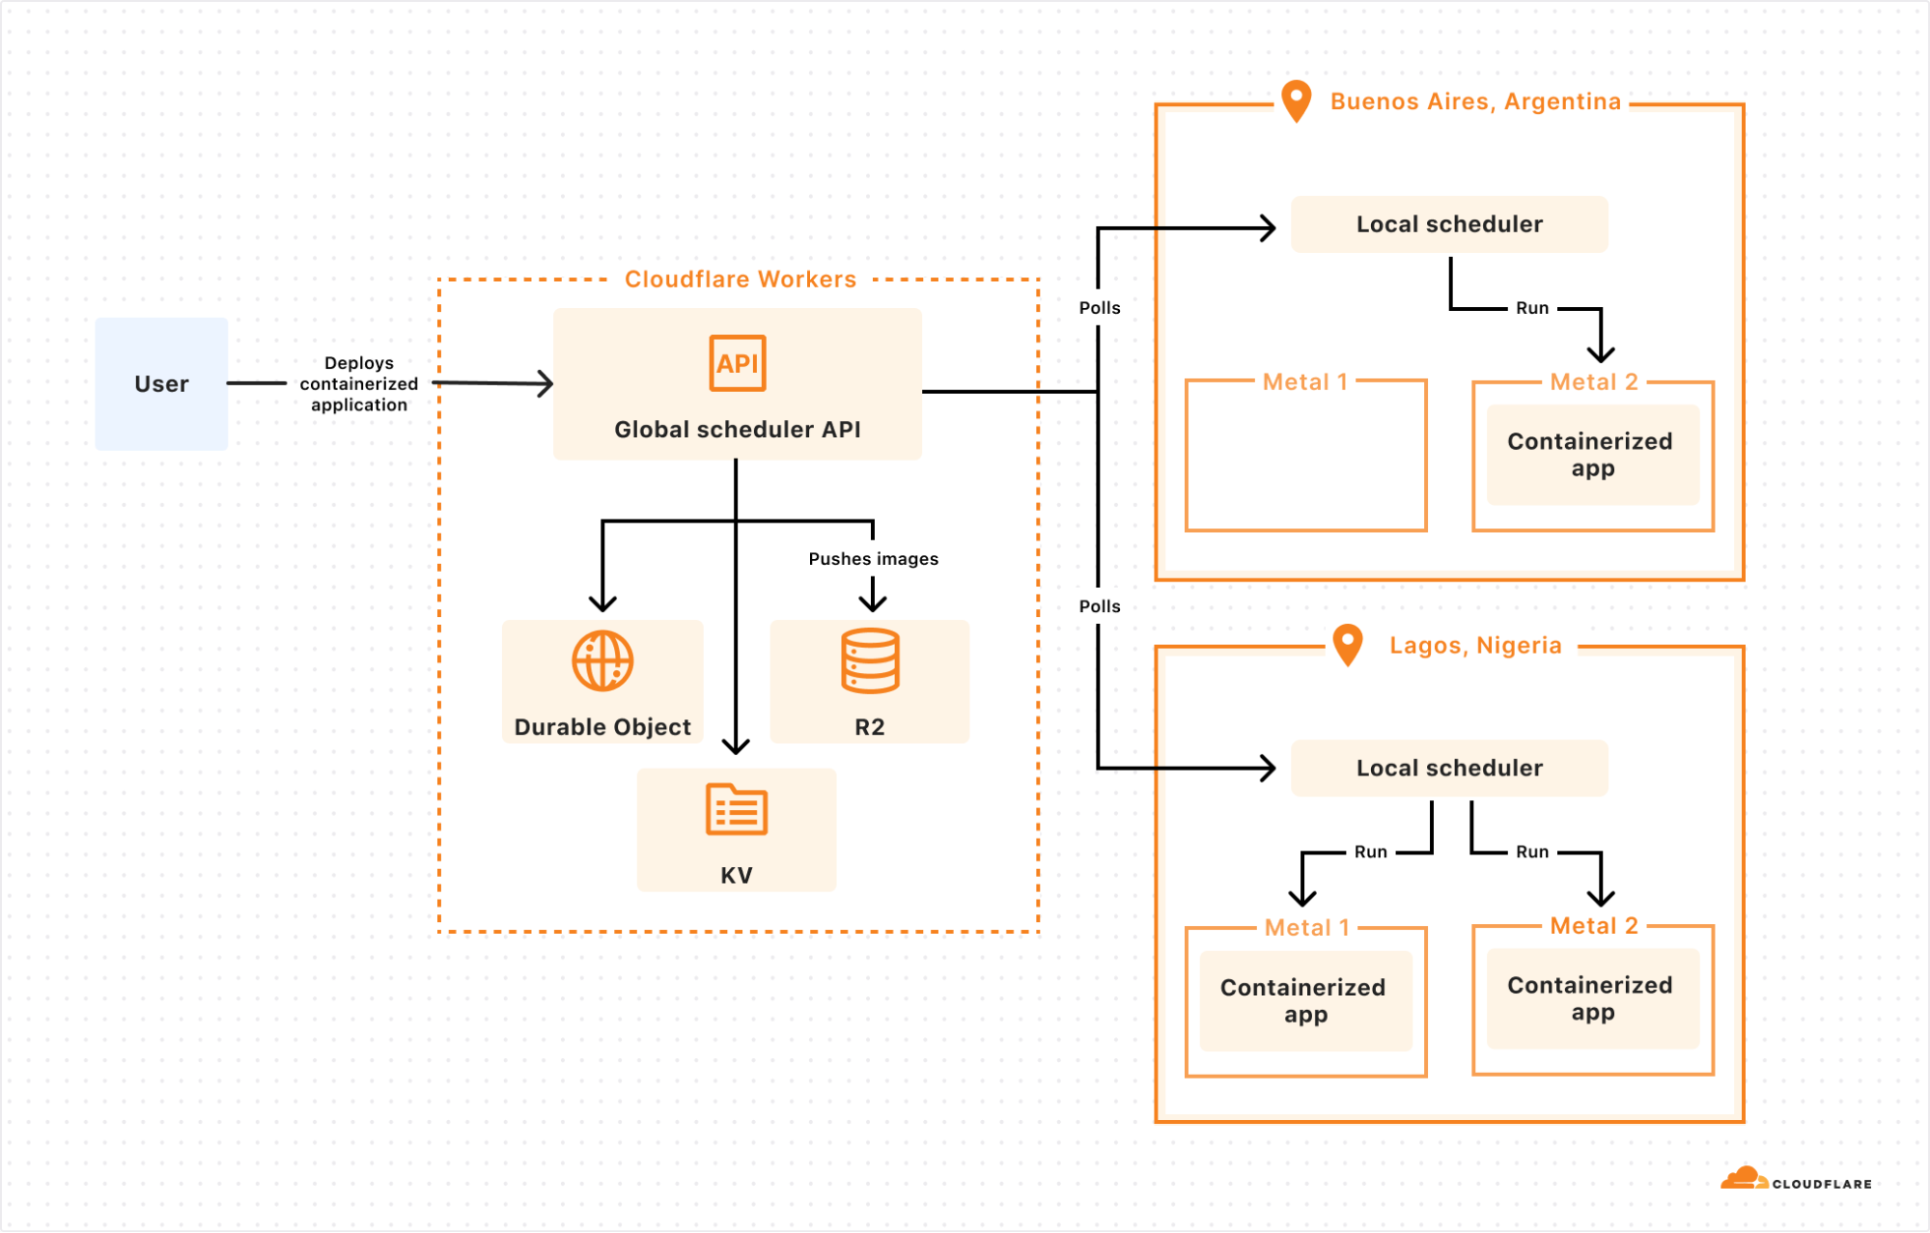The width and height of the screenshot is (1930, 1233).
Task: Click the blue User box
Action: [161, 383]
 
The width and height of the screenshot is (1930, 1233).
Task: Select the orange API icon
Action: [738, 363]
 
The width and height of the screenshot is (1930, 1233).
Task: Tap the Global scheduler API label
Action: [738, 430]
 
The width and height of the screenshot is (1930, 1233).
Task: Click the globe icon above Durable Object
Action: [602, 661]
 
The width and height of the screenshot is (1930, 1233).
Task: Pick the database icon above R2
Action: [870, 661]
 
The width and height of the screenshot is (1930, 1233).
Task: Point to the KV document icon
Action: [737, 809]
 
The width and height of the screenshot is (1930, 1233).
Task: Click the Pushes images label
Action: [874, 559]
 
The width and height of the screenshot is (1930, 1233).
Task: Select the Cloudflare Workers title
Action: [741, 279]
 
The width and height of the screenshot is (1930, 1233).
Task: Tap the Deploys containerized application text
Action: [359, 383]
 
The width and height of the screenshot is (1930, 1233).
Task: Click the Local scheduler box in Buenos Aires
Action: [1449, 224]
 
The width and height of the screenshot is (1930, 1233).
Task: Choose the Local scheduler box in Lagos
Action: [1449, 769]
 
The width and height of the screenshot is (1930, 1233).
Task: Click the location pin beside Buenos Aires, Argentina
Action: [1297, 100]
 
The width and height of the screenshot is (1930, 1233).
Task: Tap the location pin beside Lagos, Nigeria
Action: [1348, 645]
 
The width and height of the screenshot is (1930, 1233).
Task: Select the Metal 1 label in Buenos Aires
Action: [1305, 382]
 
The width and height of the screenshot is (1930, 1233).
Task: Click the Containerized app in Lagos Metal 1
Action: [1305, 1000]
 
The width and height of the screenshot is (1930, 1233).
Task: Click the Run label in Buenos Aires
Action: [1532, 308]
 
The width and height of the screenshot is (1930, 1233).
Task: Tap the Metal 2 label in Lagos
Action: [1594, 926]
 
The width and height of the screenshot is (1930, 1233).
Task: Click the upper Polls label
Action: [1100, 308]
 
